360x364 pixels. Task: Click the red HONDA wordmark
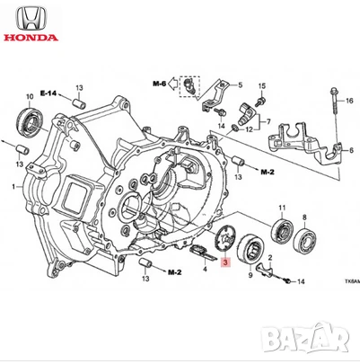pyautogui.click(x=29, y=39)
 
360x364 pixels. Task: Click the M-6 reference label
pyautogui.click(x=160, y=84)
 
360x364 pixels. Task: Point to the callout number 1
pyautogui.click(x=13, y=186)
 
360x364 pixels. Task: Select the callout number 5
pyautogui.click(x=240, y=84)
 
